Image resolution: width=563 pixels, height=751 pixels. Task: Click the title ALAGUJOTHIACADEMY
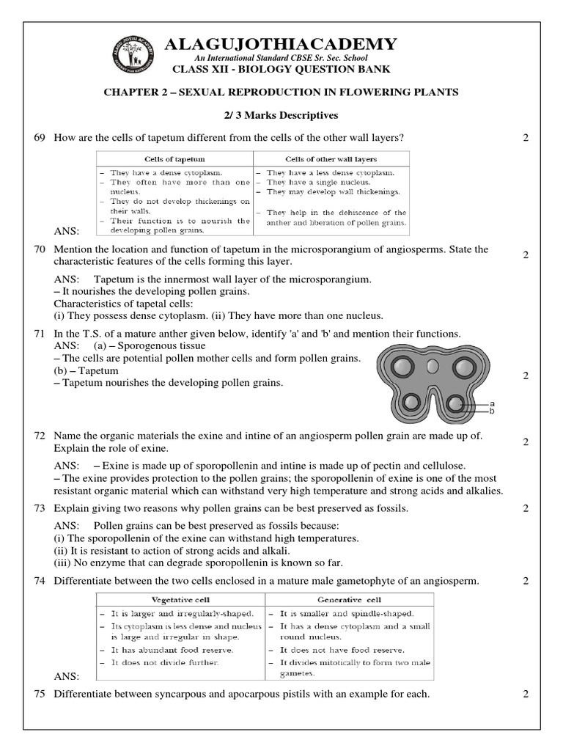[281, 44]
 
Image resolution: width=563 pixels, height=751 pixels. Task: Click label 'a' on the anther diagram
[492, 403]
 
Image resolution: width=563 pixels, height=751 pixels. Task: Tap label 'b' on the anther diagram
[492, 411]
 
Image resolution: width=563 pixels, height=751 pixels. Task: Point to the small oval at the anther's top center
[434, 364]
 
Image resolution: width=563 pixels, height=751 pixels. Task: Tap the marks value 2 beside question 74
[526, 581]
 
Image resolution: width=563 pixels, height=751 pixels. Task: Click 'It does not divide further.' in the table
[157, 662]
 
